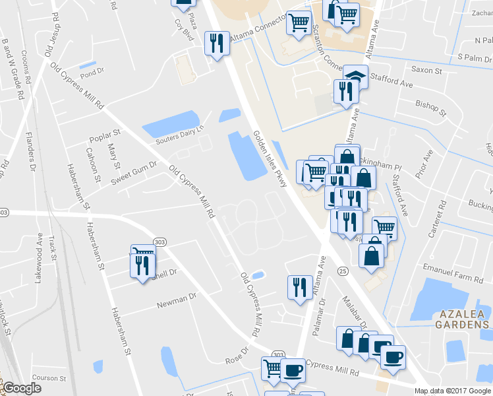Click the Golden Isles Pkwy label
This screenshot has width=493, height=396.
coord(270,159)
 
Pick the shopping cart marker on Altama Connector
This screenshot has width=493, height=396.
coord(299,23)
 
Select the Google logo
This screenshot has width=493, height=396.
coord(22,388)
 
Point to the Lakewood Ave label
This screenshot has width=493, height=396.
coord(40,254)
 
